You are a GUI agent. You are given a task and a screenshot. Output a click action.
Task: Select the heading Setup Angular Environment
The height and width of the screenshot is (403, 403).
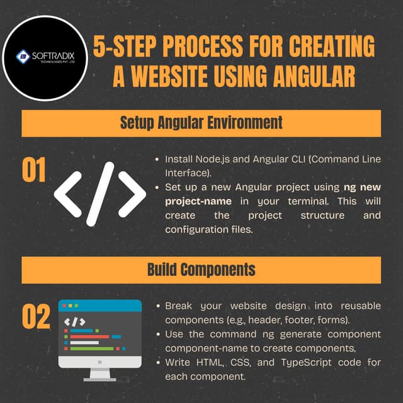click(201, 123)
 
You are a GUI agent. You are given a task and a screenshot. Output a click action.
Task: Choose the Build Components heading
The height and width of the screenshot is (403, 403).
click(201, 270)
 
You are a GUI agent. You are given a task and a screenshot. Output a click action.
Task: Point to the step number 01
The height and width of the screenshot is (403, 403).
click(34, 171)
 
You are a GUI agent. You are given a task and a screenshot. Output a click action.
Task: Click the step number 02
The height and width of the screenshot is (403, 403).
click(35, 318)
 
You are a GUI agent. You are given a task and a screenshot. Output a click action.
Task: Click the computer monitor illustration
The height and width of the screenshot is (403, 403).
click(100, 334)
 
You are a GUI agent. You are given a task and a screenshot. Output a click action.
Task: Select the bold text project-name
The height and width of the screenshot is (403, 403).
click(198, 201)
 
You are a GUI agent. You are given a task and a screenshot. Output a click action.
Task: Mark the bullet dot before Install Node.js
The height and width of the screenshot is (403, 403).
click(157, 160)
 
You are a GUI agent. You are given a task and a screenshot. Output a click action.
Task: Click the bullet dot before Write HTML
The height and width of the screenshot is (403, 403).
click(157, 363)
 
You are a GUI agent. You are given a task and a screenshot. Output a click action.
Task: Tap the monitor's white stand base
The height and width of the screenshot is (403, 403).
click(99, 377)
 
